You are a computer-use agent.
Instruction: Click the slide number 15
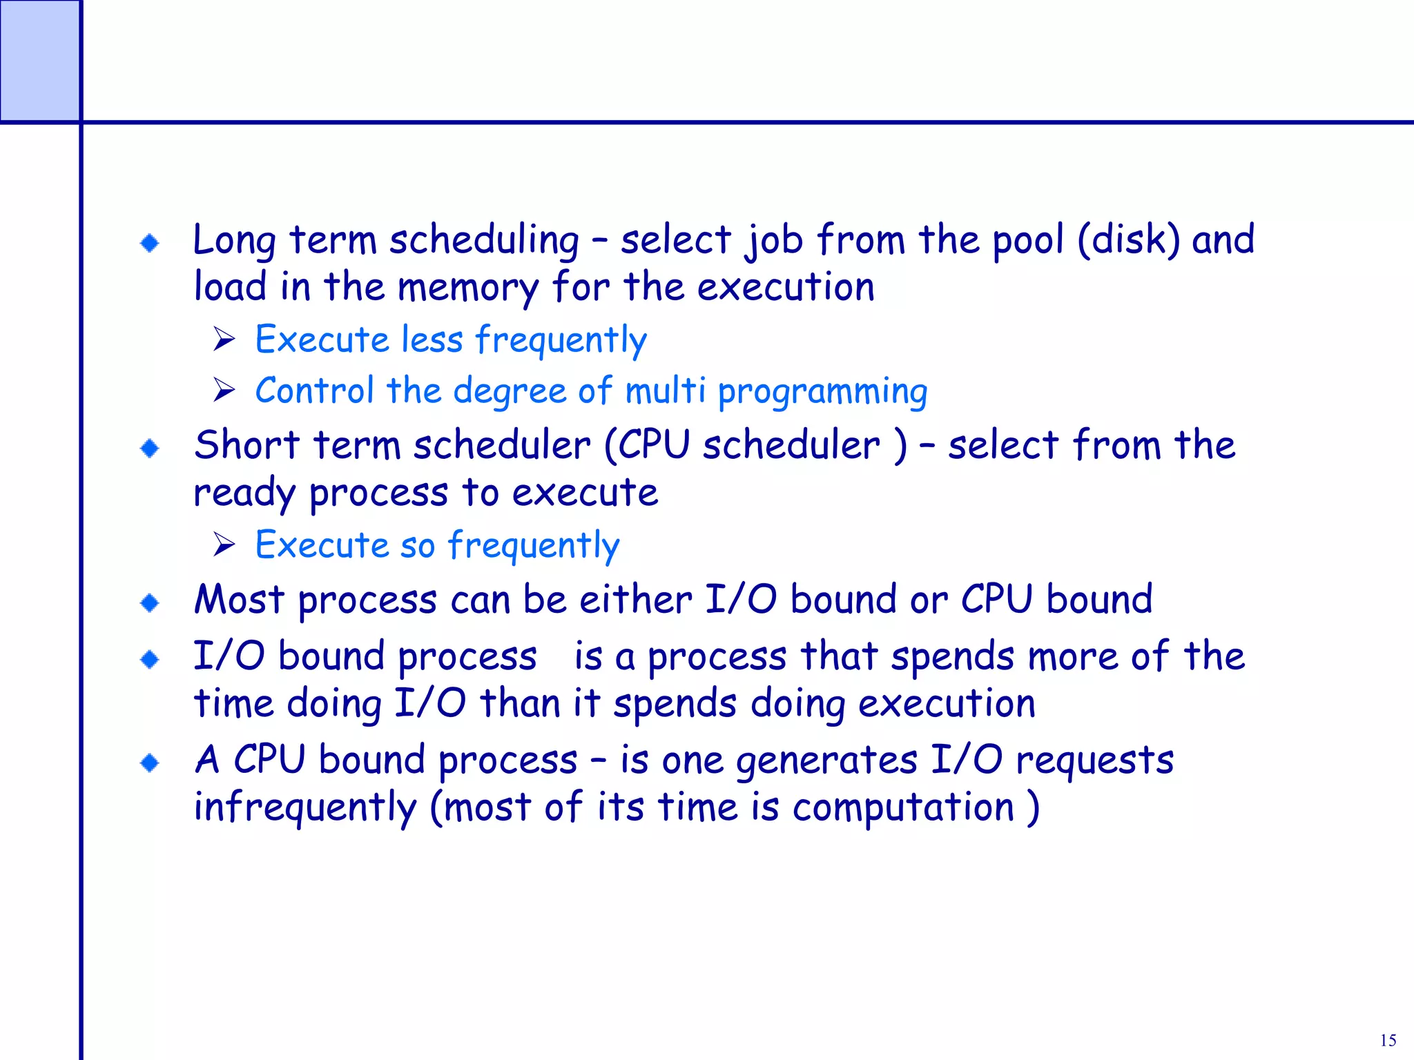(x=1388, y=1041)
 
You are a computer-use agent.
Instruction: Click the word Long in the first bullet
(x=234, y=241)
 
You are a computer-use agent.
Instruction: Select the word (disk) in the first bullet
(x=1128, y=239)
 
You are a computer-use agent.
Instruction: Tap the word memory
(x=467, y=288)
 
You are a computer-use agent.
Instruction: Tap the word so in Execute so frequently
(x=418, y=546)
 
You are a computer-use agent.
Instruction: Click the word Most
(x=239, y=599)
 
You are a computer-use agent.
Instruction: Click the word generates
(x=826, y=761)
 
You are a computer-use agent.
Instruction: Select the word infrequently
(x=305, y=807)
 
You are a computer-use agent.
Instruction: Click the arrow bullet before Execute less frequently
(x=224, y=339)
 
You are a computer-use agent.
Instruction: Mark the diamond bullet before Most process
(x=149, y=603)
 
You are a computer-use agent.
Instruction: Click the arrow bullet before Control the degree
(x=224, y=391)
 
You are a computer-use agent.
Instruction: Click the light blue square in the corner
(x=39, y=61)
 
